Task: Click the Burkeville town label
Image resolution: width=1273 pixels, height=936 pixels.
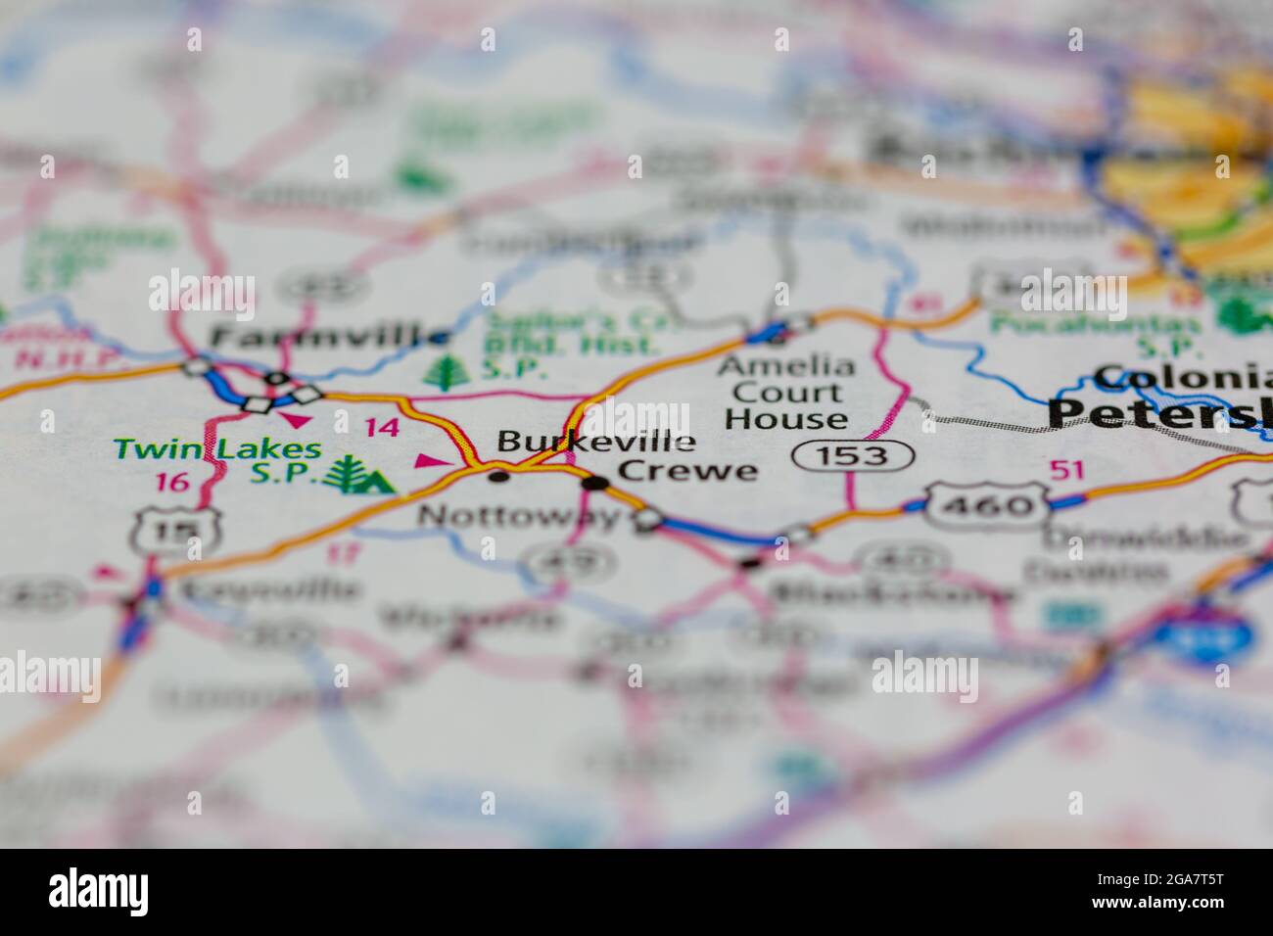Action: (x=596, y=442)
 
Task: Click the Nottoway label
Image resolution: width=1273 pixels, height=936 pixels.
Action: (x=519, y=515)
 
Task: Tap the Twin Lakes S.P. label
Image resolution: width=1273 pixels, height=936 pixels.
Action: (x=216, y=461)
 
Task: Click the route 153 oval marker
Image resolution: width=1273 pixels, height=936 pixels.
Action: (x=853, y=455)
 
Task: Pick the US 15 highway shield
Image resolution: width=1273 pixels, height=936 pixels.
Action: (x=176, y=531)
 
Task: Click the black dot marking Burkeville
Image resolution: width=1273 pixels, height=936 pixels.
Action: (x=499, y=477)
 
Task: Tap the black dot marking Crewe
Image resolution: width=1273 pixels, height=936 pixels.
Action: (x=593, y=483)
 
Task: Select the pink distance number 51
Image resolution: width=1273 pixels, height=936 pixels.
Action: (x=1066, y=470)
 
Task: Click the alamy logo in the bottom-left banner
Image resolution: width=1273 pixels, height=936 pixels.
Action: (x=99, y=891)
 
